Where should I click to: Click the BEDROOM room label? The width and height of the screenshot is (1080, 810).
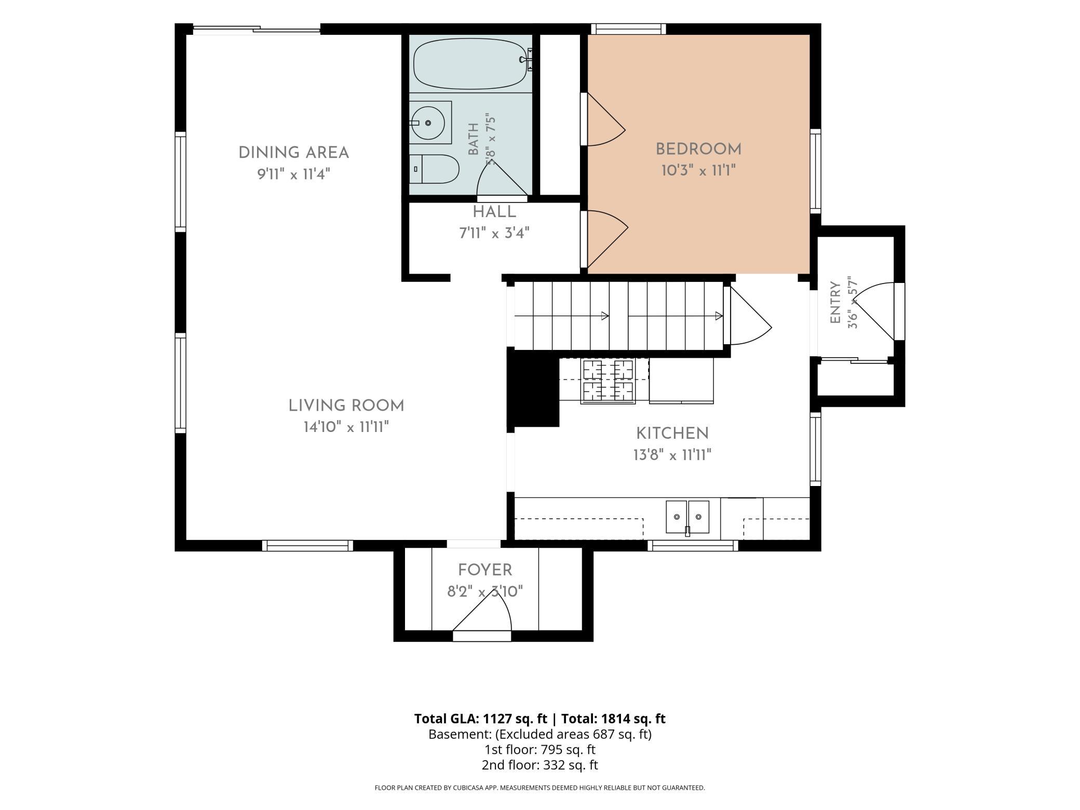click(698, 150)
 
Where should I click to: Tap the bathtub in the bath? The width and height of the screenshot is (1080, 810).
click(473, 64)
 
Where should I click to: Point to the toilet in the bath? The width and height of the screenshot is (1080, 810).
click(434, 169)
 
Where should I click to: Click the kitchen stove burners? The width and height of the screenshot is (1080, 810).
click(607, 382)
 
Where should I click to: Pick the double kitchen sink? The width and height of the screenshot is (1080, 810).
click(687, 517)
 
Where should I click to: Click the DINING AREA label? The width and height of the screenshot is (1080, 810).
click(293, 153)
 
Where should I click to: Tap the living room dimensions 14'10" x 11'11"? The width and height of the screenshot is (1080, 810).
click(346, 427)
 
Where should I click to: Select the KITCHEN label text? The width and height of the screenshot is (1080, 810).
click(672, 434)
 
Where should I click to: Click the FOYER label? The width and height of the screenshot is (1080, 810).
click(485, 570)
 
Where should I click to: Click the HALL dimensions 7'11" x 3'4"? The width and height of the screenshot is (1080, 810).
click(494, 233)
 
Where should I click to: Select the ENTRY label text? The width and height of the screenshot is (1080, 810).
click(835, 303)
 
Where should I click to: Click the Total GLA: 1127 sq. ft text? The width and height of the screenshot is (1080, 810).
click(480, 719)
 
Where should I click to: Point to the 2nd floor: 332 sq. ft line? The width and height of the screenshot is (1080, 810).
click(539, 765)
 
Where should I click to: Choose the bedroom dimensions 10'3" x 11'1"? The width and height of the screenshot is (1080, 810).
click(698, 170)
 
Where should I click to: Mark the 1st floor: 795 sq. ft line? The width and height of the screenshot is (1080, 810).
click(539, 750)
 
